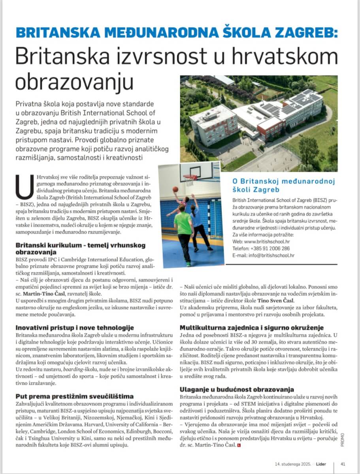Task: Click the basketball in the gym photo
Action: pos(175,190)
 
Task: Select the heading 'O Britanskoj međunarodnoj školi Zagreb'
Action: pos(283,185)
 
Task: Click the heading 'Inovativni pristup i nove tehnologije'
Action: pos(75,327)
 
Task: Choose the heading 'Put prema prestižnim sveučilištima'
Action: pos(74,396)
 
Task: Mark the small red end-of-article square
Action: pos(238,446)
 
